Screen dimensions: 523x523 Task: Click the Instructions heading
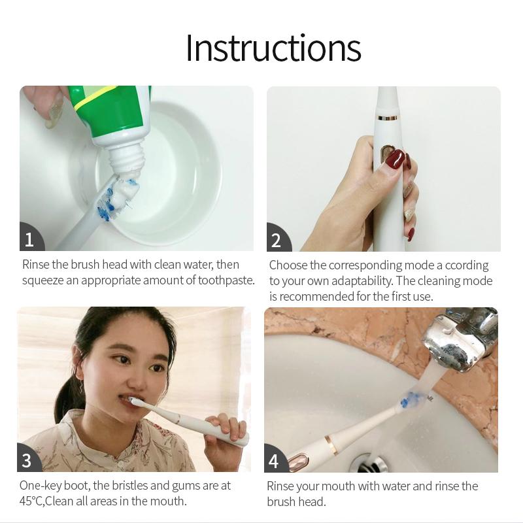(x=273, y=48)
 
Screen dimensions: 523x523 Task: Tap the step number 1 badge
(x=30, y=237)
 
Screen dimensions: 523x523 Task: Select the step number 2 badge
(x=277, y=238)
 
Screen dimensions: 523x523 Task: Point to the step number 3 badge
(x=27, y=459)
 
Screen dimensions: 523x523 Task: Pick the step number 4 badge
(x=275, y=460)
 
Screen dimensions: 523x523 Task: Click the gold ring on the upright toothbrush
(x=387, y=118)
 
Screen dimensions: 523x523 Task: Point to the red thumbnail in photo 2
(x=395, y=158)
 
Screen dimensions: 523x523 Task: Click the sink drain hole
(x=373, y=464)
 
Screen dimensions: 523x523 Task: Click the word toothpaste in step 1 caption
(x=226, y=280)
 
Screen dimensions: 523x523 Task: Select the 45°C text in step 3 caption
(x=31, y=501)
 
